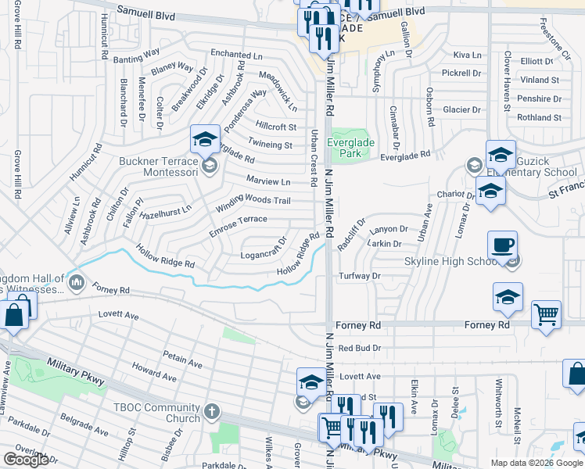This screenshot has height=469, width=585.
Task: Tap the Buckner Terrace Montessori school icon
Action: pos(205,141)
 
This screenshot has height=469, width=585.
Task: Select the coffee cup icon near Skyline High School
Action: pos(502,245)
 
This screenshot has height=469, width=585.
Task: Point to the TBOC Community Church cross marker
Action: pos(210,410)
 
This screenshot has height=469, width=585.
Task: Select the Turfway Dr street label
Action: pos(360,276)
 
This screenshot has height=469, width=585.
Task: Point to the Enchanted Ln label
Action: pos(237,55)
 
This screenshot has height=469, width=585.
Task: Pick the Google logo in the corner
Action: pos(26,460)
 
